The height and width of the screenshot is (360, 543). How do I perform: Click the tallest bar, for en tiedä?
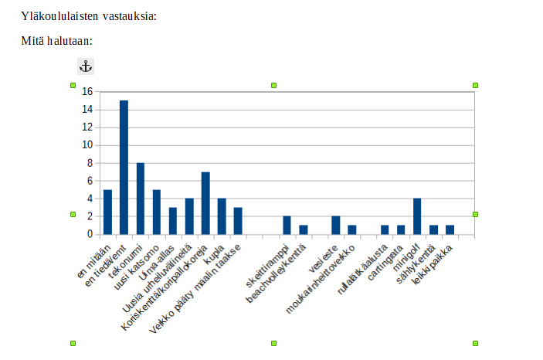click(124, 167)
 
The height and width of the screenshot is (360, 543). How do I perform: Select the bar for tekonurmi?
click(141, 198)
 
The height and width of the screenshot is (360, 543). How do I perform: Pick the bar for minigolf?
click(417, 216)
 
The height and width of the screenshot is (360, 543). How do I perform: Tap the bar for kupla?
click(222, 216)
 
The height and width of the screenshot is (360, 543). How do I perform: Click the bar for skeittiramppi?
click(287, 225)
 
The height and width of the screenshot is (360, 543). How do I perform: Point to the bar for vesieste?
click(336, 225)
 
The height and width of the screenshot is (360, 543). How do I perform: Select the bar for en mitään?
click(107, 212)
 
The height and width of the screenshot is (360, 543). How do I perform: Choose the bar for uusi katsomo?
click(157, 212)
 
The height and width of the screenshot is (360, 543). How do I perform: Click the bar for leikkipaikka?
click(450, 229)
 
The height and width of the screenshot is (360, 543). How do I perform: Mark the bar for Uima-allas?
click(173, 220)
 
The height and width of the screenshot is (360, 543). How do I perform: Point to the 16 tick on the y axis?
click(87, 92)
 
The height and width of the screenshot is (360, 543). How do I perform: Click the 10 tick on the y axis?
click(87, 145)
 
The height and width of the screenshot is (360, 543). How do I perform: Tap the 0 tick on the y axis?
click(90, 234)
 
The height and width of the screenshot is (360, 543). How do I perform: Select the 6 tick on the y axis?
click(90, 181)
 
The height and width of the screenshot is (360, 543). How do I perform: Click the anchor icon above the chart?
click(86, 66)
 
